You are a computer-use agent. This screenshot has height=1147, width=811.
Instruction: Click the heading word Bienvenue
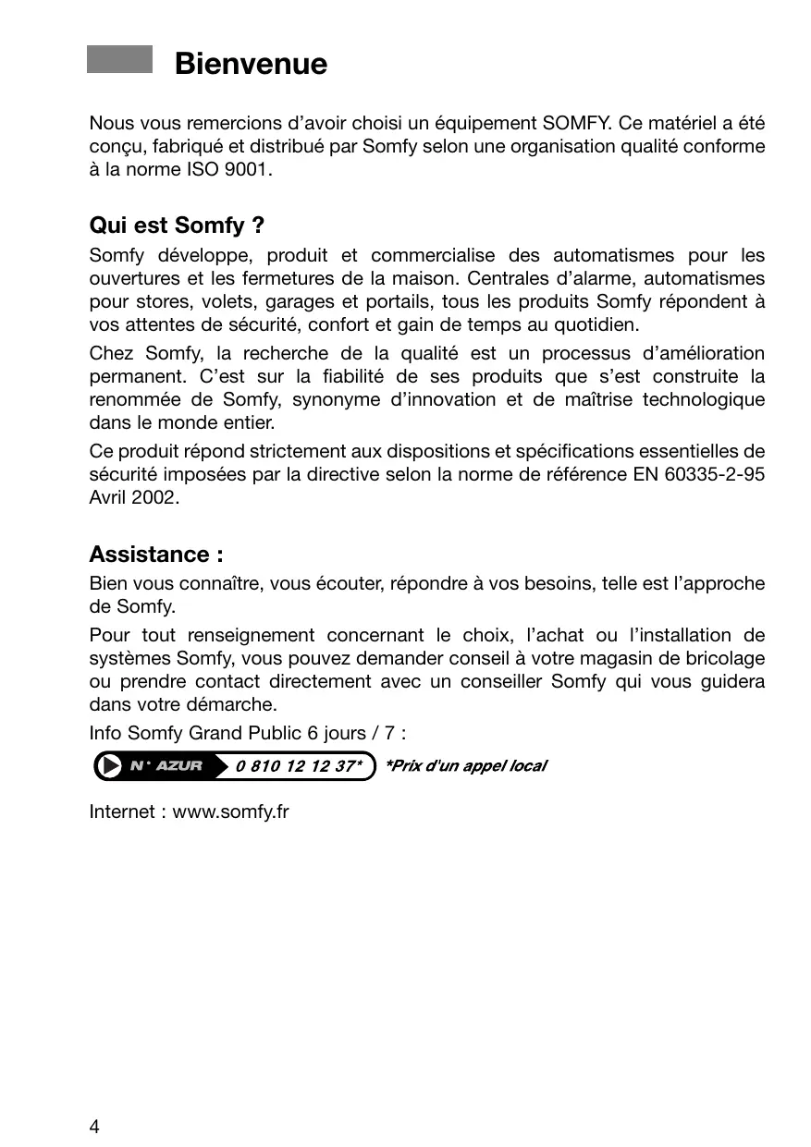(x=251, y=64)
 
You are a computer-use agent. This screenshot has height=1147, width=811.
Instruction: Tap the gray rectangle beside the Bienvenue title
(x=119, y=59)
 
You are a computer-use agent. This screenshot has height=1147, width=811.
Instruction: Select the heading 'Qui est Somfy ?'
(x=178, y=226)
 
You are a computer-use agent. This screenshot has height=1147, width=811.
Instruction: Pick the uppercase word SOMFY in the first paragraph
(x=574, y=123)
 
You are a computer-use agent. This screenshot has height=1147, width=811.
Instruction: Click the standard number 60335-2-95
(x=715, y=474)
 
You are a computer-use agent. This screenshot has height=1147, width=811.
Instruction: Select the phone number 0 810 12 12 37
(x=298, y=766)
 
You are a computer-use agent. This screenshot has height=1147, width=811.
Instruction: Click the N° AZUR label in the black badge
(x=166, y=766)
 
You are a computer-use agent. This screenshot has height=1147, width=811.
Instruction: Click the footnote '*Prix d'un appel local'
(x=464, y=766)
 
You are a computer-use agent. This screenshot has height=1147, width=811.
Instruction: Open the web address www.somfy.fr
(x=231, y=812)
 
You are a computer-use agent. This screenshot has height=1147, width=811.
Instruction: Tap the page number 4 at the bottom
(x=94, y=1126)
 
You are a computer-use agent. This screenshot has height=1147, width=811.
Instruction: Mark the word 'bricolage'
(x=726, y=658)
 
